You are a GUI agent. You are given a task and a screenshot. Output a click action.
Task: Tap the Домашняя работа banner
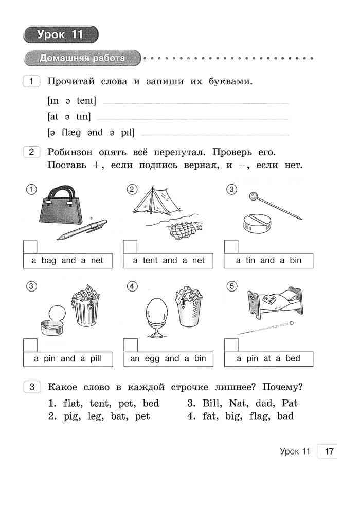(82, 58)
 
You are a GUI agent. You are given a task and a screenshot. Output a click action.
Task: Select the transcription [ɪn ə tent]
(71, 101)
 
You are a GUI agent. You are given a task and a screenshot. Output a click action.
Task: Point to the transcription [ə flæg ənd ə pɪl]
(91, 133)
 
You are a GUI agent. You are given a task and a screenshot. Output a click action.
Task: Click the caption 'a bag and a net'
(67, 260)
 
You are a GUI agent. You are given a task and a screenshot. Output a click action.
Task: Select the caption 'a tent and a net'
(169, 260)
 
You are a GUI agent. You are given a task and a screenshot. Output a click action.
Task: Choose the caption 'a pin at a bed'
(268, 358)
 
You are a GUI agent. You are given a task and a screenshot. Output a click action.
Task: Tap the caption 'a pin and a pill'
(67, 358)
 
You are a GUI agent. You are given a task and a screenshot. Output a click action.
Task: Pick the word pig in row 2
(71, 416)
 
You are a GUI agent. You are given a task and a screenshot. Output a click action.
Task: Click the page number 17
(330, 451)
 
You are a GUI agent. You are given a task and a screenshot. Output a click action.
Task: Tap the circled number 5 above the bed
(232, 286)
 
